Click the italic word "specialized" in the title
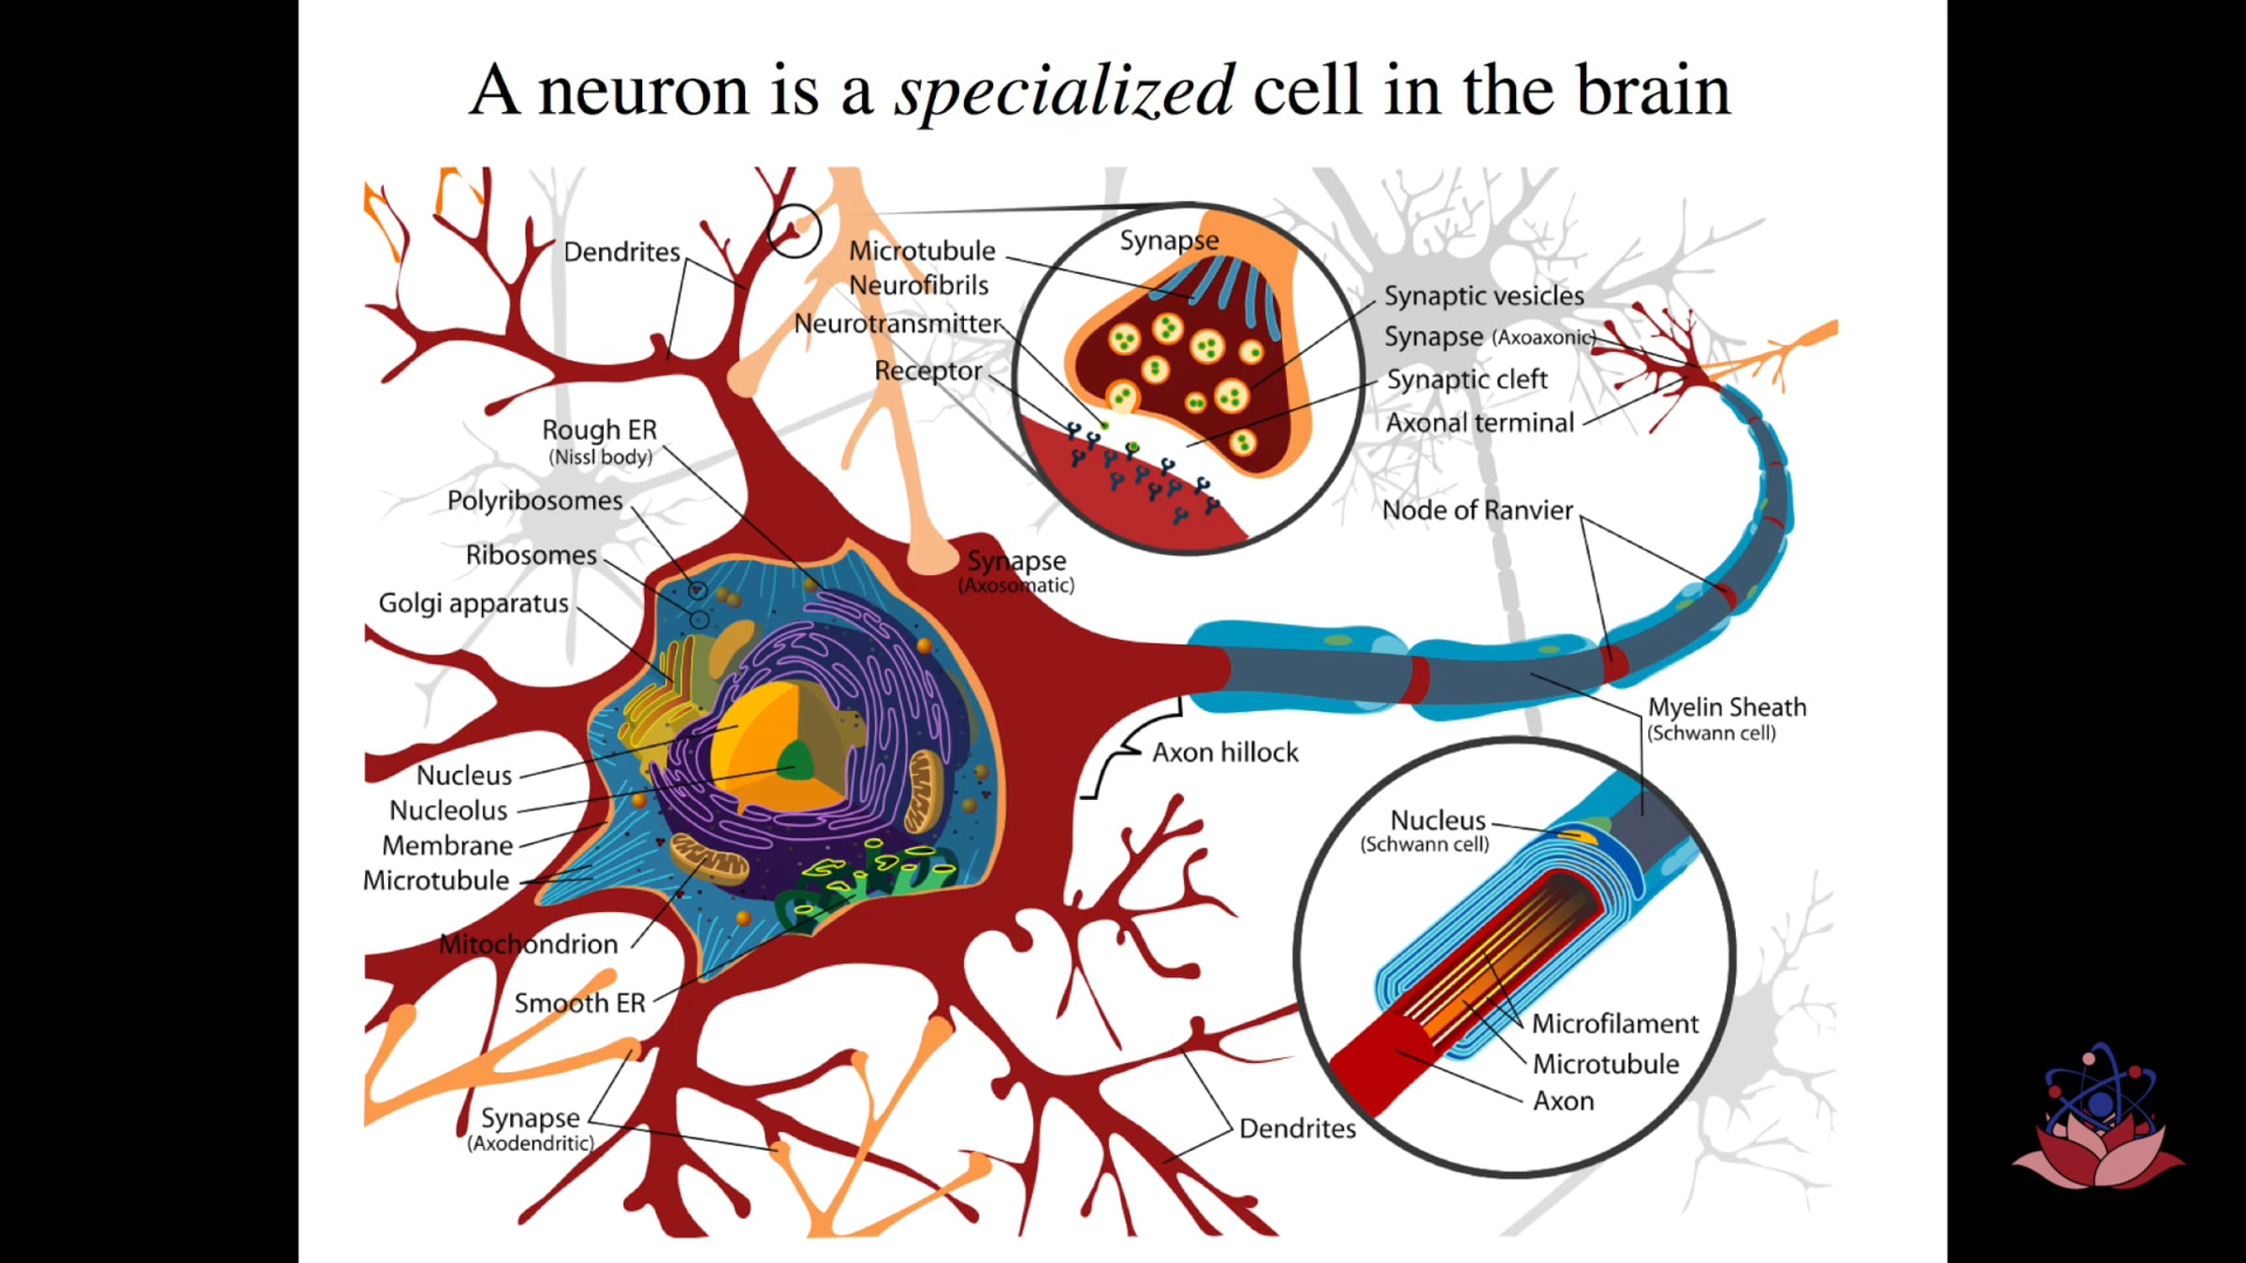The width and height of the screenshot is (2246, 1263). (1065, 92)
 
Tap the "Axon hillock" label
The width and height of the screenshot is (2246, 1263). (1225, 752)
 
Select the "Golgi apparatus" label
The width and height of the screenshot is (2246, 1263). (474, 603)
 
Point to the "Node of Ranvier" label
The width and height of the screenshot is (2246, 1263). (1478, 510)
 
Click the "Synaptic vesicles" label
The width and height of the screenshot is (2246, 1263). (1484, 296)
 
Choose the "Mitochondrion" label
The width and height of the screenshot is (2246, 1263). (529, 944)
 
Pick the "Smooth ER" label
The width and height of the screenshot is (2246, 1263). (580, 1003)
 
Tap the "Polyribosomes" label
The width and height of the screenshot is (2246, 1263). (534, 501)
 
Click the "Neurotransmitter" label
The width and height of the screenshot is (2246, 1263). (897, 324)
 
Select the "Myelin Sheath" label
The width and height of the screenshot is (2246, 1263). (1727, 707)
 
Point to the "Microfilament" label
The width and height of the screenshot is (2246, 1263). (1615, 1023)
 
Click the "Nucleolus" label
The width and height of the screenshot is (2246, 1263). (448, 810)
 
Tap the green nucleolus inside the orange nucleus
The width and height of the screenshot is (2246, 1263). (796, 760)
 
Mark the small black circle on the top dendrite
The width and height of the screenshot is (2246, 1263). (794, 230)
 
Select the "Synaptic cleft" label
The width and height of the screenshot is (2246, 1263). (1466, 380)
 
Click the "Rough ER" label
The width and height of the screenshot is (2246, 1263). (600, 429)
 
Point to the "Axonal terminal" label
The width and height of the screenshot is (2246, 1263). (1480, 423)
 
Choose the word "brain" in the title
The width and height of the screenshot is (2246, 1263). (1654, 92)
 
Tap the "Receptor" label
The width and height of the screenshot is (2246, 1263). (928, 371)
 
